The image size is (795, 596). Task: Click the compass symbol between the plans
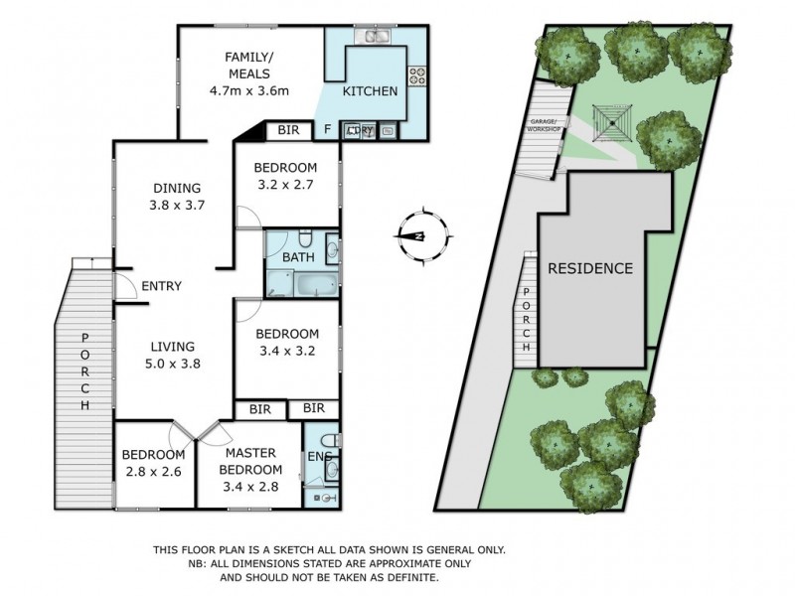421,235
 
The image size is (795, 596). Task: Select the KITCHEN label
370,91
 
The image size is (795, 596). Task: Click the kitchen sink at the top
376,39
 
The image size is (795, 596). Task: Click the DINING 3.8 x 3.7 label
177,196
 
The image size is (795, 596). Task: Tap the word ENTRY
161,287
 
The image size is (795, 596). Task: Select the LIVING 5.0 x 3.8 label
171,355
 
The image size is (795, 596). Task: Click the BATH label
298,257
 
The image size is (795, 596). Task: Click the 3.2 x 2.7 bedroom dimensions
284,184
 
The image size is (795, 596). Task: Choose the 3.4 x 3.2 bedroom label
286,342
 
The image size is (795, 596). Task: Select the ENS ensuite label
318,457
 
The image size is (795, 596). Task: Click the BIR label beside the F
289,130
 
